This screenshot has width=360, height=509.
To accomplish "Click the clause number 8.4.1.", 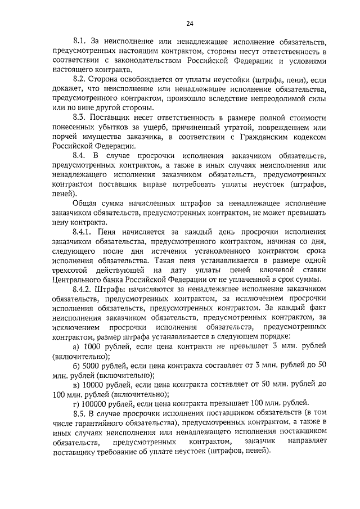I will tap(85, 232).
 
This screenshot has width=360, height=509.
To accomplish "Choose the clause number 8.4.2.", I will tap(85, 289).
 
